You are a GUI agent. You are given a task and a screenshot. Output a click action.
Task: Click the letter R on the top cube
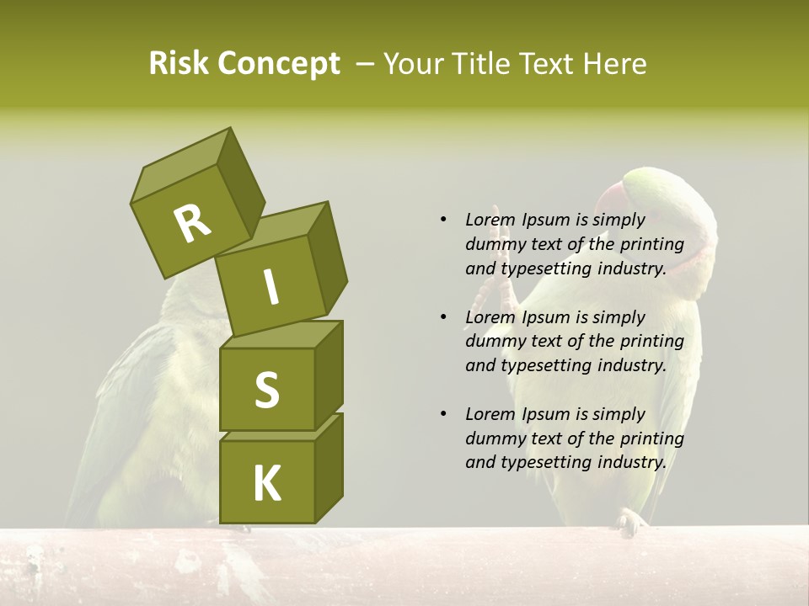[x=192, y=224]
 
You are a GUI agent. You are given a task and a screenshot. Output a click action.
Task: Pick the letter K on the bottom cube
[x=266, y=484]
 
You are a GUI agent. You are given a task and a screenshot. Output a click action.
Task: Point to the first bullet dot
[x=443, y=221]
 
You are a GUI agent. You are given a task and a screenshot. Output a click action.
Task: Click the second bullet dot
[x=443, y=317]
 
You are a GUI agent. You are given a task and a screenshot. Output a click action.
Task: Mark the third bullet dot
[x=443, y=414]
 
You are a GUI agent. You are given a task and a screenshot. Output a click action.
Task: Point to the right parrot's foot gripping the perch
[x=630, y=522]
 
